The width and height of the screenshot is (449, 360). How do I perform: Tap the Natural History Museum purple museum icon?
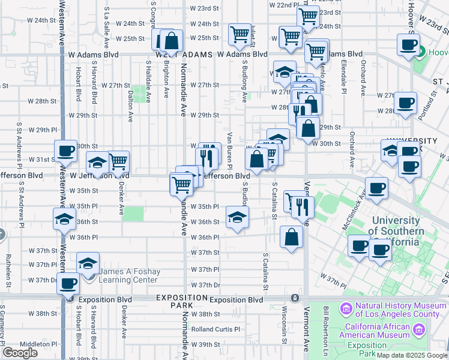pyautogui.click(x=346, y=309)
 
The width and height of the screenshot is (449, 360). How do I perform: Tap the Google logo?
pyautogui.click(x=20, y=353)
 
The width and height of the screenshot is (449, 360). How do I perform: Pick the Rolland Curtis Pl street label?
pyautogui.click(x=215, y=329)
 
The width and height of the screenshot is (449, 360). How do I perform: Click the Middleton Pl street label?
pyautogui.click(x=38, y=344)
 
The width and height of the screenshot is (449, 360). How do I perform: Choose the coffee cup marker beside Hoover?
pyautogui.click(x=408, y=44)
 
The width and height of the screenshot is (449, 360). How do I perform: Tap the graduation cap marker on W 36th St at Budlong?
pyautogui.click(x=238, y=217)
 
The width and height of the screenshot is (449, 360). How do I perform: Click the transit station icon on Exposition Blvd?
pyautogui.click(x=295, y=298)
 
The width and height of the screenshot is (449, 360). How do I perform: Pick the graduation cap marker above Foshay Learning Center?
pyautogui.click(x=88, y=263)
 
